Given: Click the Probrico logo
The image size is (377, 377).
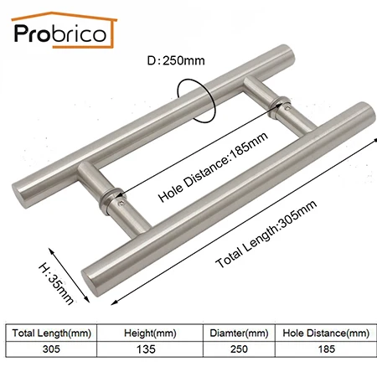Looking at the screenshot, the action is coord(64,30).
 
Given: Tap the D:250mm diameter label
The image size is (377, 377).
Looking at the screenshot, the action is coord(176,60).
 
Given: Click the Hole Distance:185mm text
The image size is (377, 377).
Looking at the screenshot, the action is coord(213,167).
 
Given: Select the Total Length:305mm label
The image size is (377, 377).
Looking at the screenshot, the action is coord(266,234).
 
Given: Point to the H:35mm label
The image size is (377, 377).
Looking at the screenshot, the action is coord(56,282).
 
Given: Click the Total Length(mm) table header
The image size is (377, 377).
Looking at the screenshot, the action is coord(52,333).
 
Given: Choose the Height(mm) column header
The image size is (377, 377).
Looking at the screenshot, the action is coord(150,333).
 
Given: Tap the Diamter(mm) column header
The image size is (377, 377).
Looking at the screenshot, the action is coord(239,333).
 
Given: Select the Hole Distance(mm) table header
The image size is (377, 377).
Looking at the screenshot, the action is coord(326,333).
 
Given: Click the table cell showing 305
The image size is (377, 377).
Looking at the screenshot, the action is coord(51,349).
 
